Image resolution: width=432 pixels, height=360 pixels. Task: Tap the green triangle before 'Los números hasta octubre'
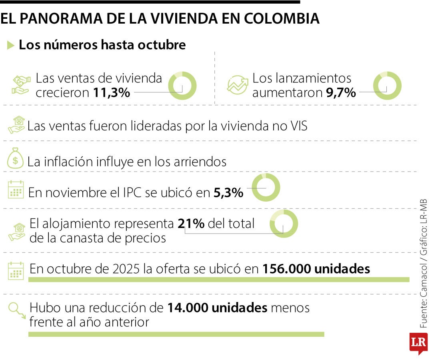point(11,45)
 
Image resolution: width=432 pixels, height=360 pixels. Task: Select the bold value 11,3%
point(112,93)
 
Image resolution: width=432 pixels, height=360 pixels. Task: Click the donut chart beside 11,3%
point(182,86)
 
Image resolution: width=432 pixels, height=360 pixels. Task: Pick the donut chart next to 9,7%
point(387,86)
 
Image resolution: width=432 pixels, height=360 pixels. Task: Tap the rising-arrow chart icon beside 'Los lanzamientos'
point(237,84)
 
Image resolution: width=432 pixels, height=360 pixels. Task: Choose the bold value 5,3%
point(228,193)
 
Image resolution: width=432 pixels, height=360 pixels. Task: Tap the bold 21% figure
point(191,224)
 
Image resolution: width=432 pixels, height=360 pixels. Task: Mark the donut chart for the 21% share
point(284,224)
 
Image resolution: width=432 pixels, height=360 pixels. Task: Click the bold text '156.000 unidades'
point(316,269)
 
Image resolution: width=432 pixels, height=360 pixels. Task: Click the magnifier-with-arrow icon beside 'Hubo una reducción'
point(16,310)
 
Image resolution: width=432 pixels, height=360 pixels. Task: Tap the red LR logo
point(418,343)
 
